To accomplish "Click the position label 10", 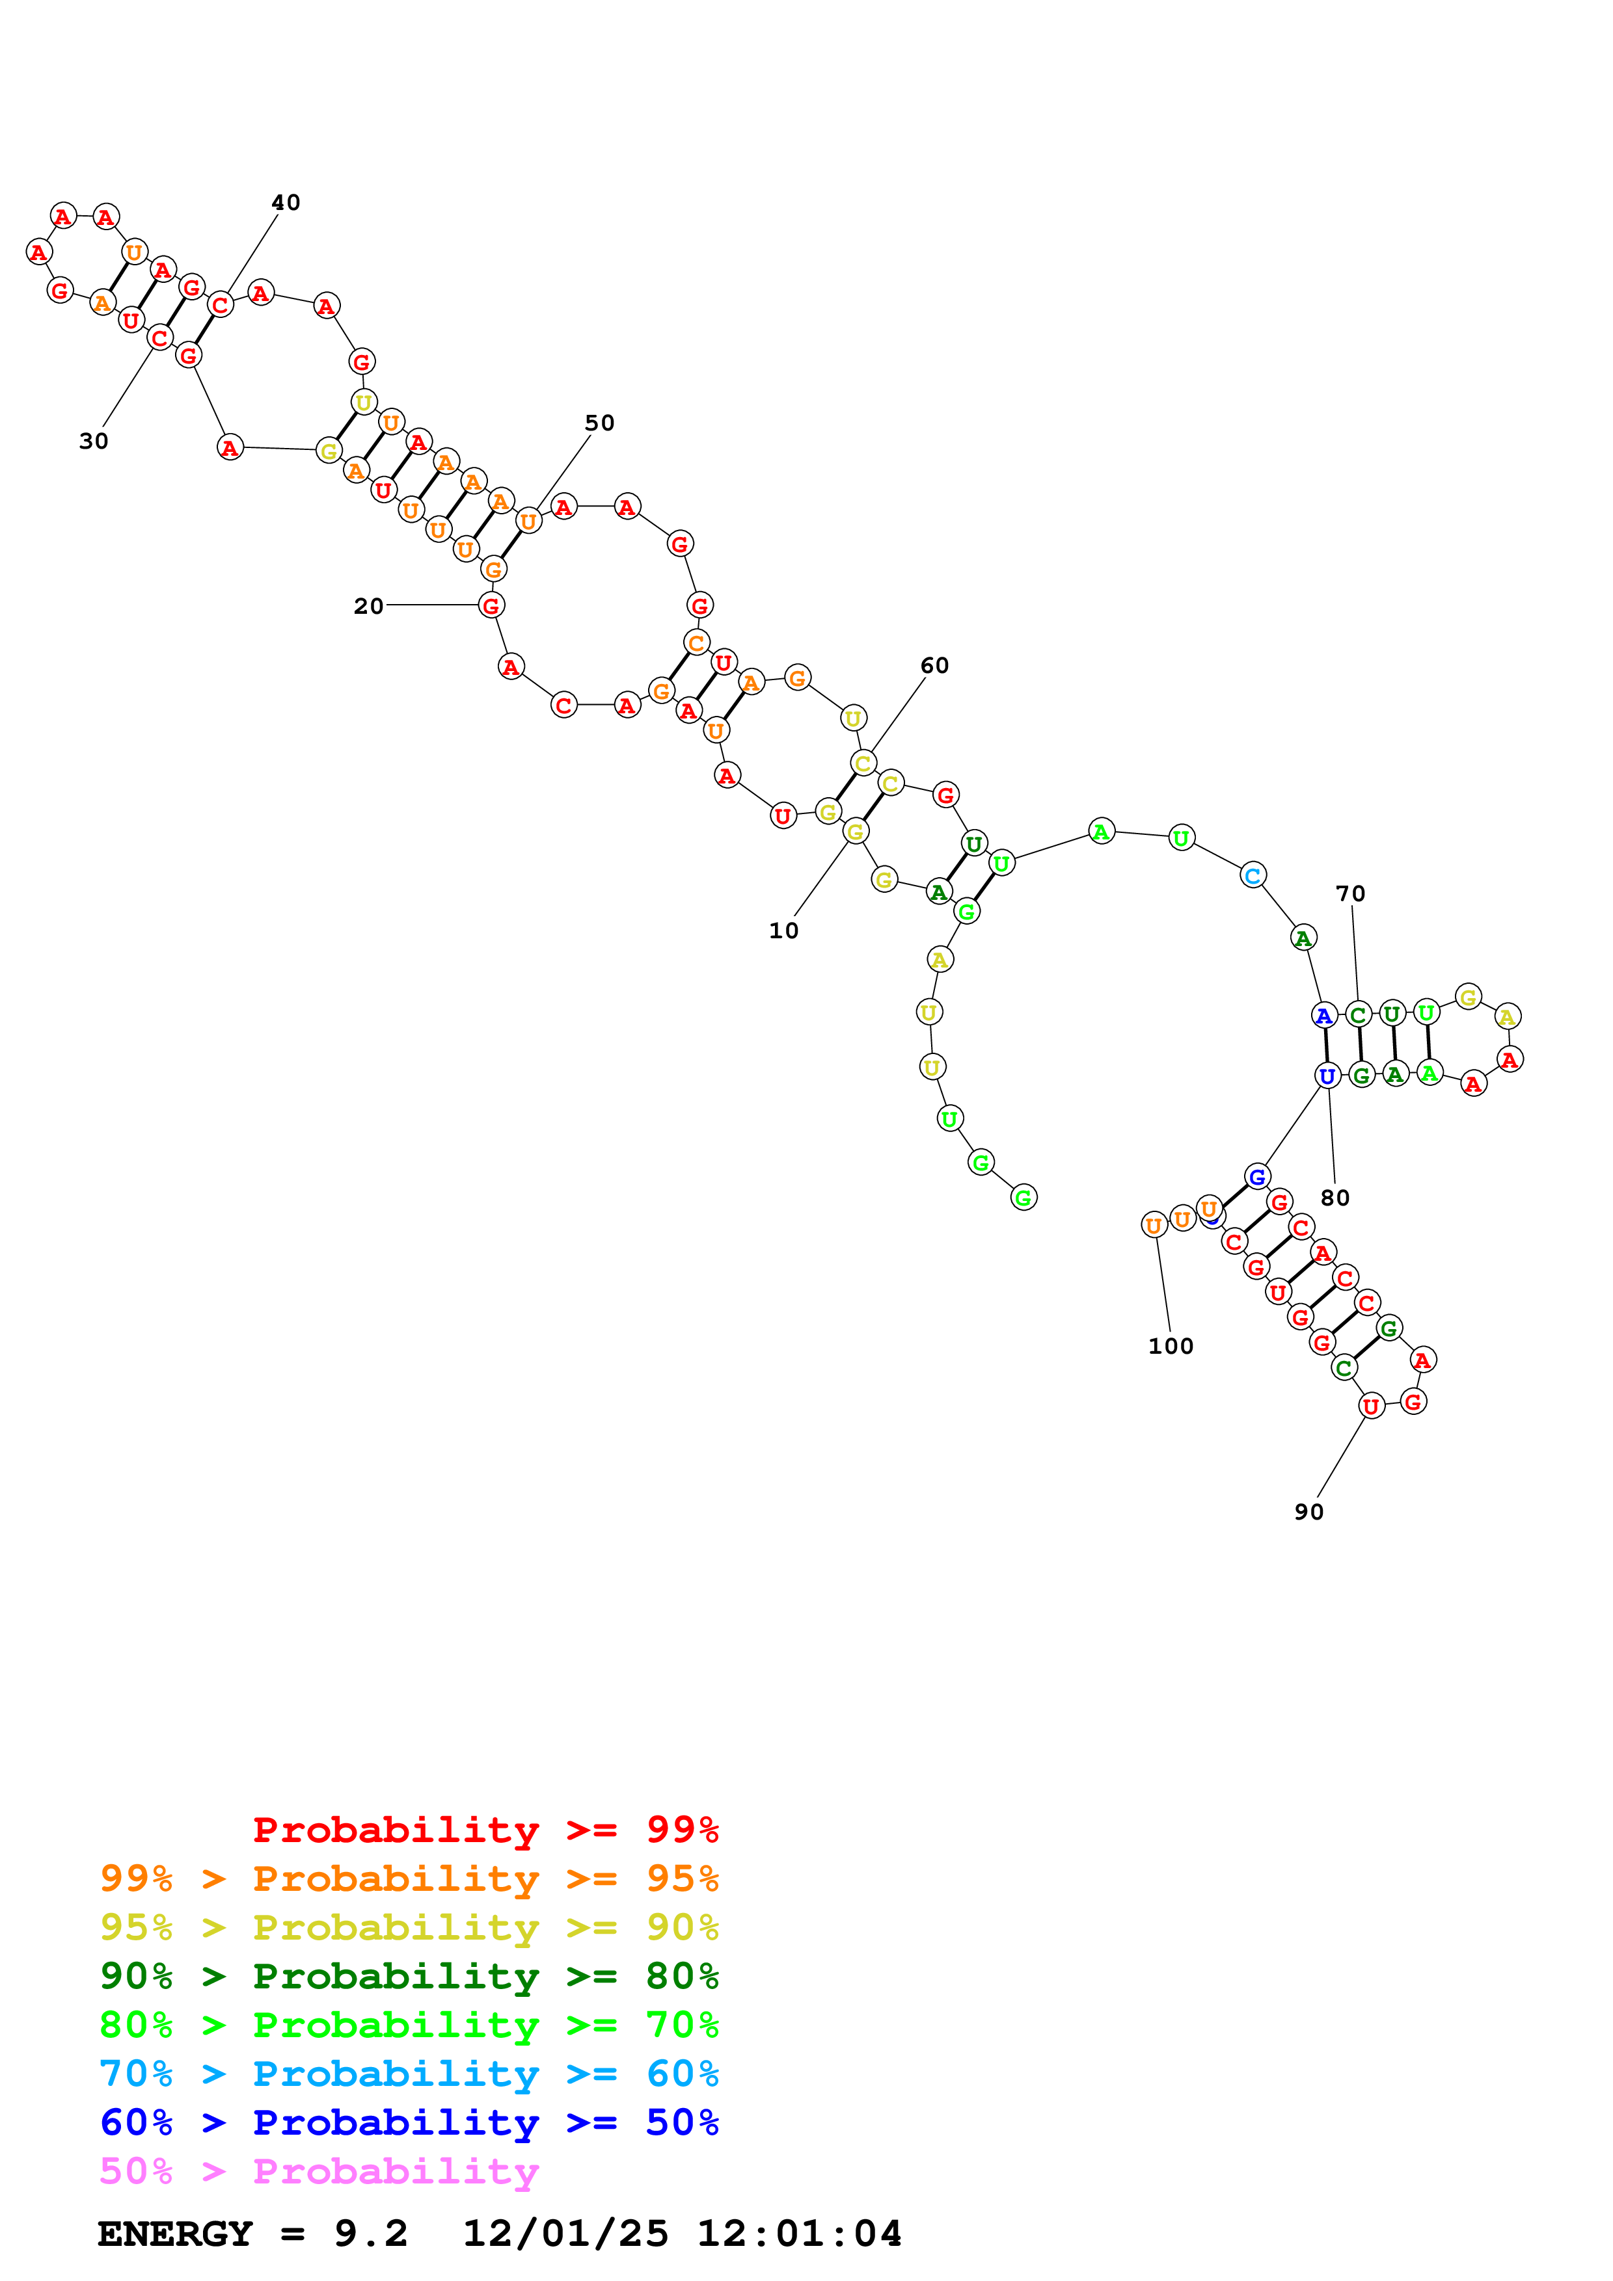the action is point(783,931).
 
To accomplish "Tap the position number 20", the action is point(368,606).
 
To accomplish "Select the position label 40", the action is point(285,203).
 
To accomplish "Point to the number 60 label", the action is point(934,666).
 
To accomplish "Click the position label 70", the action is point(1349,894).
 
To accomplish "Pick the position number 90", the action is point(1308,1512).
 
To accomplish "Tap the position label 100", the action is point(1170,1346).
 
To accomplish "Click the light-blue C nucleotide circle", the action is point(1253,875).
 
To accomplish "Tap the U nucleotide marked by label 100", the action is point(1153,1225).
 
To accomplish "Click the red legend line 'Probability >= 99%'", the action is point(485,1830).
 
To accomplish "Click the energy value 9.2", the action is point(371,2234).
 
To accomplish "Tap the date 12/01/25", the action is point(565,2234).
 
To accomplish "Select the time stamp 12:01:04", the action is point(799,2234).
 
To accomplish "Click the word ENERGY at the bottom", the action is point(175,2234).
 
